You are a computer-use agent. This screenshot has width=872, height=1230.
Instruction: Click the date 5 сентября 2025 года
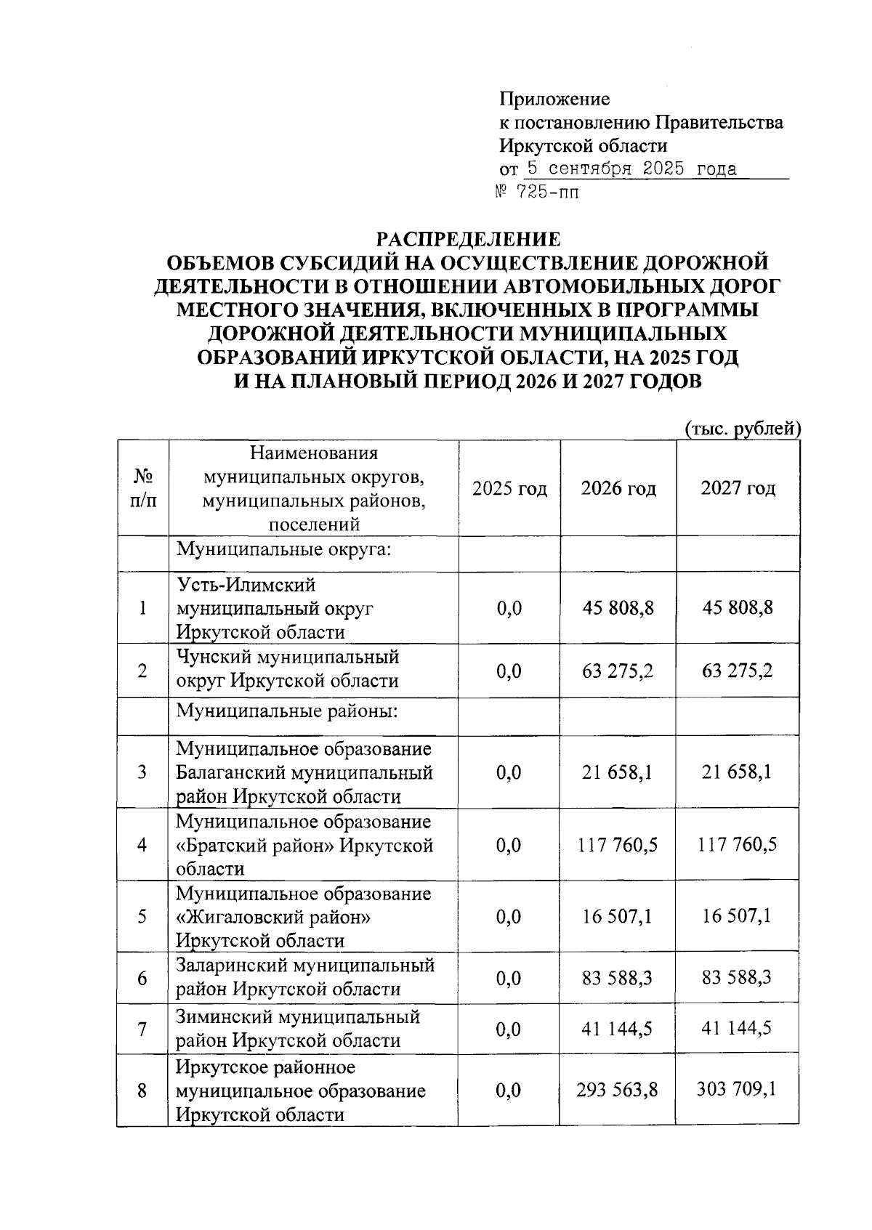coord(631,169)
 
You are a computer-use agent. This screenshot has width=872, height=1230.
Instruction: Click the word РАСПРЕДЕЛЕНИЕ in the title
coord(468,239)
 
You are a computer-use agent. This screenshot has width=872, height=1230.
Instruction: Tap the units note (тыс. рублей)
coord(743,429)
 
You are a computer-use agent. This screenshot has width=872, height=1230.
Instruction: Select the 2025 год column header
coord(509,488)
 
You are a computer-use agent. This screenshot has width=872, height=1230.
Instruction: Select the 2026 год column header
coord(618,488)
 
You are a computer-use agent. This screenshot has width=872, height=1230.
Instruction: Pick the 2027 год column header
coord(738,488)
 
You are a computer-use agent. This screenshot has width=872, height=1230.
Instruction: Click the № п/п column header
coord(142,488)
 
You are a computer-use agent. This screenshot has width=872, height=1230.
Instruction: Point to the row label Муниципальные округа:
coord(284,549)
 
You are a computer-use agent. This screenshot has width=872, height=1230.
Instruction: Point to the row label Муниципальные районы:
coord(287,710)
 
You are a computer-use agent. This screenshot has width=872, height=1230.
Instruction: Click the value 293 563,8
coord(618,1090)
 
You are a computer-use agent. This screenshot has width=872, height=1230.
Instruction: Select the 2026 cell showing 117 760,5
coord(618,845)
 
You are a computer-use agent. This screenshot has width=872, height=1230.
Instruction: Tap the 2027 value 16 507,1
coord(738,916)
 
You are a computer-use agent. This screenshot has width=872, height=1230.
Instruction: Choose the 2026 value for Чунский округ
coord(618,670)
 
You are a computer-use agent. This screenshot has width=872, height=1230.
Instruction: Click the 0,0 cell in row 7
coord(509,1029)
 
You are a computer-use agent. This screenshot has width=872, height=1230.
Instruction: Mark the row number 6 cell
coord(142,978)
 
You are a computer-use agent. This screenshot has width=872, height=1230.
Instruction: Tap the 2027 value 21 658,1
coord(738,772)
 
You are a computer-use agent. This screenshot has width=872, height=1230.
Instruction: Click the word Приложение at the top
coord(554,99)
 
